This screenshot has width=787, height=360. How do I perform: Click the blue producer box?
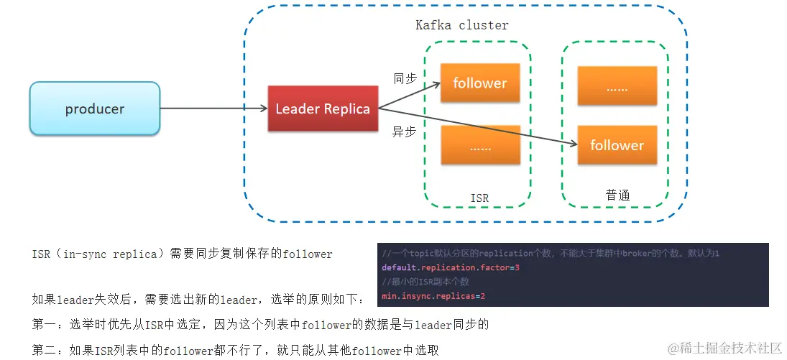[x=94, y=109]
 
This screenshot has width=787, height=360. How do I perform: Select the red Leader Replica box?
[x=323, y=109]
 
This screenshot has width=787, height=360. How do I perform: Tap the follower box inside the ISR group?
[x=479, y=83]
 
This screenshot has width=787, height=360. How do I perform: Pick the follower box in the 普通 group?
[x=617, y=145]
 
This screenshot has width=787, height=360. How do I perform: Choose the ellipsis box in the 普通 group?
[x=617, y=88]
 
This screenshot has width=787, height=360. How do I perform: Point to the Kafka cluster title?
[x=461, y=25]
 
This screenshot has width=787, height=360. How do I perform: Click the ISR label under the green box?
[x=479, y=198]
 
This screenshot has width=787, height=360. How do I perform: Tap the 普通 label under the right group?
[x=617, y=195]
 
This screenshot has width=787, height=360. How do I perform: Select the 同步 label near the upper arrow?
[x=405, y=78]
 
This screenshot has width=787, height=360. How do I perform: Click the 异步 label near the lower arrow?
[x=404, y=132]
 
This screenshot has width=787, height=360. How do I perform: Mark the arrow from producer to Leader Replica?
[x=213, y=109]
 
